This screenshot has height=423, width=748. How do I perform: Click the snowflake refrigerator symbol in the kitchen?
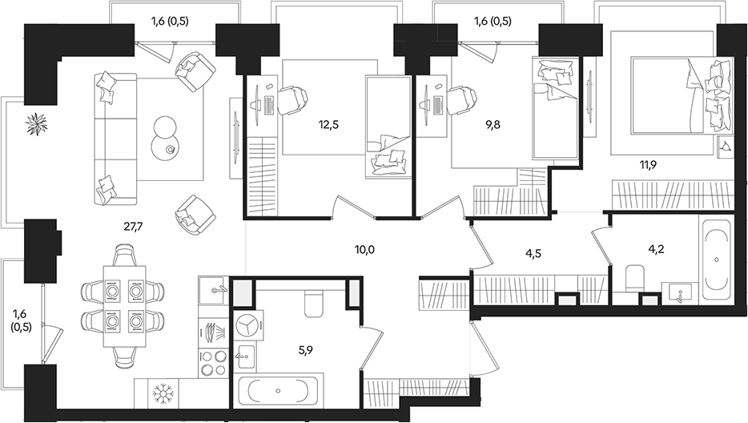coord(165,393)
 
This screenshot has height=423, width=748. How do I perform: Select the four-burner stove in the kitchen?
coord(214,363)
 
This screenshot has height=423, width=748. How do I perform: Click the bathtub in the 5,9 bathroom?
coord(276,392)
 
